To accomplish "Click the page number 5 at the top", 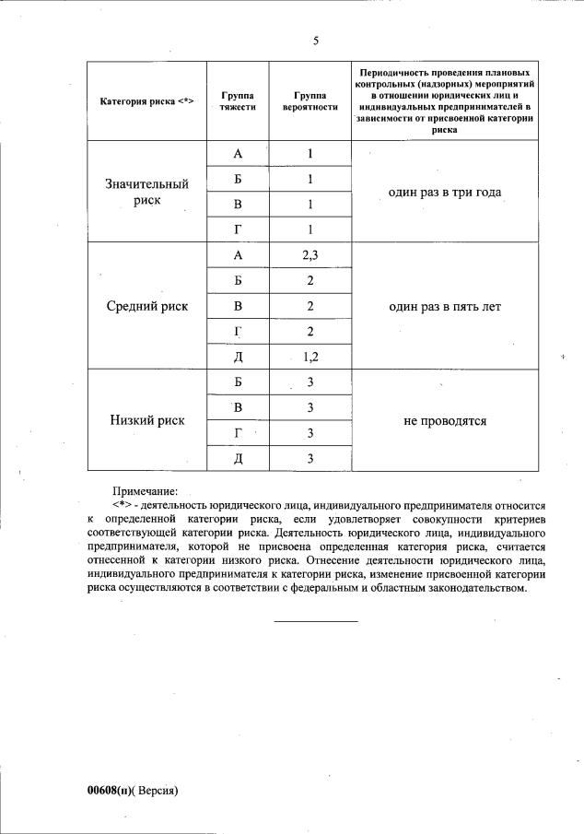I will point(315,41).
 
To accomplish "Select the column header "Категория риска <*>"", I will point(146,100).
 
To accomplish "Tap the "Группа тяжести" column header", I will point(237,100).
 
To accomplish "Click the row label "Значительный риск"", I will point(146,192).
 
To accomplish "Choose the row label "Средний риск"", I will point(146,306).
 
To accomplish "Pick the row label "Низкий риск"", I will point(146,420).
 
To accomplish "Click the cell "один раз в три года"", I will point(444,192).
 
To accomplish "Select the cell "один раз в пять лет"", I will point(444,306).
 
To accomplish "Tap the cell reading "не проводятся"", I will point(444,420).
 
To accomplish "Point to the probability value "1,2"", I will point(310,356).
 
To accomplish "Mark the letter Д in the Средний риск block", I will point(237,356).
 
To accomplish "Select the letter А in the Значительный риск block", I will point(237,153).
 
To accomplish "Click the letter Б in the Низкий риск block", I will point(237,382).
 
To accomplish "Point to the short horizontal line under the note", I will point(315,620).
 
